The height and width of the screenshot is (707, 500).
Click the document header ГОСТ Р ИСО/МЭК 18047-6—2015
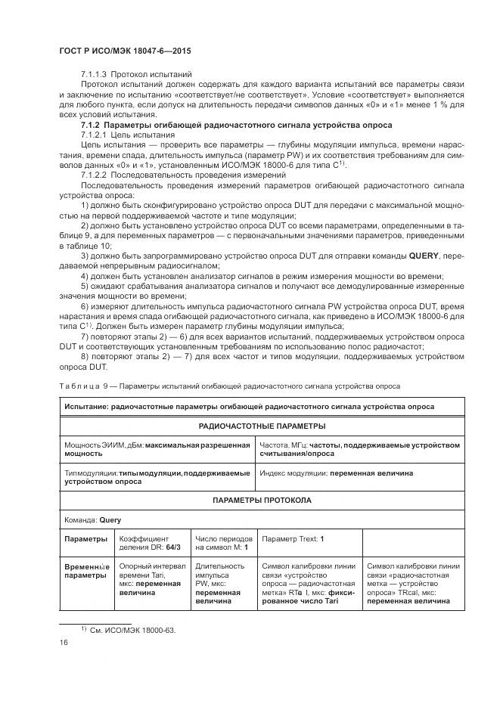pos(125,51)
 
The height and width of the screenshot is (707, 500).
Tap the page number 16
pos(63,642)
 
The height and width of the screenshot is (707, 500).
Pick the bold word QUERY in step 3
pos(425,255)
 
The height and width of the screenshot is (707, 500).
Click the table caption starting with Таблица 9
pos(229,386)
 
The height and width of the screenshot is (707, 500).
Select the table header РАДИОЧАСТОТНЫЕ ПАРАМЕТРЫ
pos(262,426)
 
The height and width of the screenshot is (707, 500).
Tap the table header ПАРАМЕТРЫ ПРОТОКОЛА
pos(262,501)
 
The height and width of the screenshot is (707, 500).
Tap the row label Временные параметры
pos(87,570)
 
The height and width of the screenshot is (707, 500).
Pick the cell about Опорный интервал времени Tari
pos(151,579)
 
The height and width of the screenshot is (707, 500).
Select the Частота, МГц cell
pos(359,450)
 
